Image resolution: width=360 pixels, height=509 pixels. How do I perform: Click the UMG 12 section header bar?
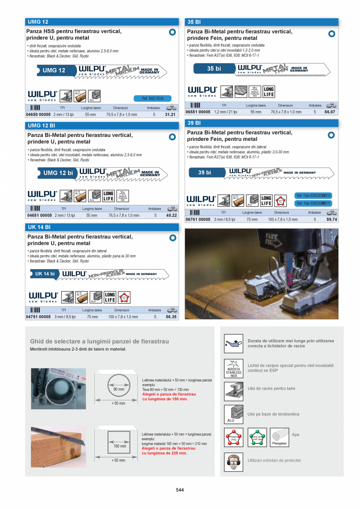click(102, 22)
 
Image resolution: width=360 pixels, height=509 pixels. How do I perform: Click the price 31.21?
click(170, 115)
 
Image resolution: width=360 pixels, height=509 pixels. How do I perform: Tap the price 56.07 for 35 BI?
click(330, 112)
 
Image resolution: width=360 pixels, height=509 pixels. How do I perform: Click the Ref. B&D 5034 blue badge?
click(153, 99)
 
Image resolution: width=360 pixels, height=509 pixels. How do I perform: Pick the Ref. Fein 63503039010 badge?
click(313, 196)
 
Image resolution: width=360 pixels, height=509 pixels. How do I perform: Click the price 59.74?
click(331, 219)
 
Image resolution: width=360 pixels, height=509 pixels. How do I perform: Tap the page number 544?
click(180, 490)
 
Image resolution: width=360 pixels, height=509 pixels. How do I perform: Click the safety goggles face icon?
click(234, 462)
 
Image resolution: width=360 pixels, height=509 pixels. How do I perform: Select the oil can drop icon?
click(234, 344)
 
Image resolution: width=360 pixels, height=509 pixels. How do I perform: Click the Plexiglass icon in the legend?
click(279, 437)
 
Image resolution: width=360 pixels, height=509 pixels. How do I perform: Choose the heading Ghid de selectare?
click(99, 341)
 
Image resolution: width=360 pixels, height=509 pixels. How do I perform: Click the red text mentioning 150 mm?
click(169, 397)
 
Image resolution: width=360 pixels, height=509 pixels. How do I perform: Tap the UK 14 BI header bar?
click(102, 227)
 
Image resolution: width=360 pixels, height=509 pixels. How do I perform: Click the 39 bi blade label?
click(205, 172)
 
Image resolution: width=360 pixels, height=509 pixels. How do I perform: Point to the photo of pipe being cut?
click(58, 388)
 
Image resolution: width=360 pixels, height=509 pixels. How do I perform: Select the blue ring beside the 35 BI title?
click(331, 34)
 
